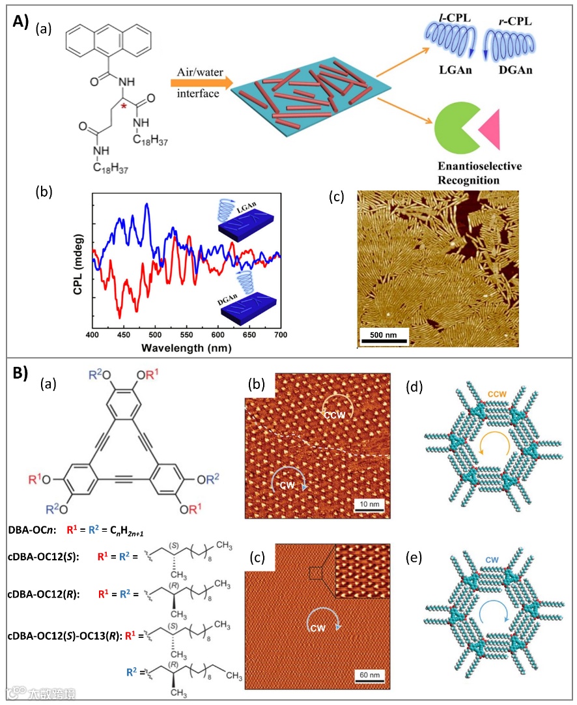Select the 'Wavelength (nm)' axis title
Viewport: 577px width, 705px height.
pos(185,347)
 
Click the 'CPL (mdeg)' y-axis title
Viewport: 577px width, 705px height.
pos(77,261)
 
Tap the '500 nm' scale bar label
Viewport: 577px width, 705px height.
pos(384,332)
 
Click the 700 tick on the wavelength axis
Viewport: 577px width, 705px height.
pos(280,334)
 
